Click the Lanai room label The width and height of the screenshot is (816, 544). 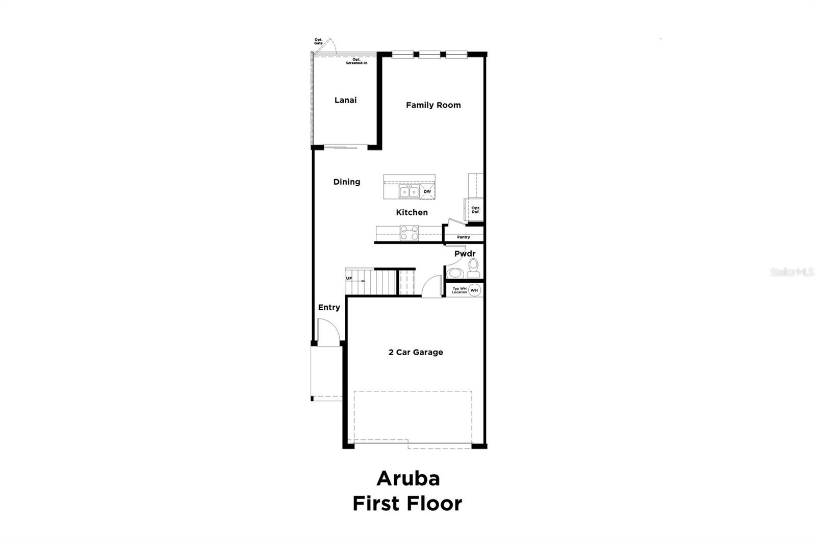pos(345,100)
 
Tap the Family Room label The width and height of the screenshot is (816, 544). pos(433,105)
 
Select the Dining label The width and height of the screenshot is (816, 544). pos(347,182)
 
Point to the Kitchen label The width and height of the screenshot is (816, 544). pos(412,212)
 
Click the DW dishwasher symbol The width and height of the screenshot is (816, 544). pos(427,192)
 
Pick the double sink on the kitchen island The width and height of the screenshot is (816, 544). pos(409,192)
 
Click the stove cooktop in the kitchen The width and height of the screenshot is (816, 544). pos(409,233)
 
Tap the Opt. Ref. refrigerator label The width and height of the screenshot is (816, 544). pos(475,210)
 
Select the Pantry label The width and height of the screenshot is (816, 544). pos(463,237)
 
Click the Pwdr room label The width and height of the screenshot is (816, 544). pos(465,254)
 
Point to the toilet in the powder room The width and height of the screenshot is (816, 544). pos(473,268)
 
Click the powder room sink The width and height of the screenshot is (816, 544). pos(455,273)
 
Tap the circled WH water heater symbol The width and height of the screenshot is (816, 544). pos(474,290)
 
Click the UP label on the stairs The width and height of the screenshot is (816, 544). pos(349,278)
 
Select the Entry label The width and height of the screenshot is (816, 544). pos(329,307)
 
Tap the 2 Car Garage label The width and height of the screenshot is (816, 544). pos(416,352)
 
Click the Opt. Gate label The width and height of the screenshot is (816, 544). pos(318,41)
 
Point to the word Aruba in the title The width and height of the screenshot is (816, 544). pos(408,479)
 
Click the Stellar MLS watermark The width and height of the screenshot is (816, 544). pos(792,272)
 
